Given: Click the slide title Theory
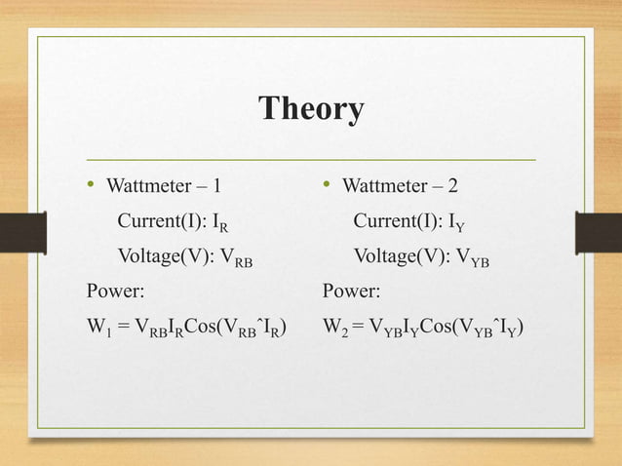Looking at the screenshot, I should point(311,108).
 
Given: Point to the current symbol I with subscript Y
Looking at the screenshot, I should point(456,223).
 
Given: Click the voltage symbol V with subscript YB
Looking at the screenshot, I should point(474,259).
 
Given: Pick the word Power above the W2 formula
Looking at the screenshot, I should point(350,291).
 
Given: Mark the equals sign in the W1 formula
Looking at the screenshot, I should point(123,326).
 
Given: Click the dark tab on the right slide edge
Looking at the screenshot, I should point(598,233).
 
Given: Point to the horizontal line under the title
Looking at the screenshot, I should point(311,158).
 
